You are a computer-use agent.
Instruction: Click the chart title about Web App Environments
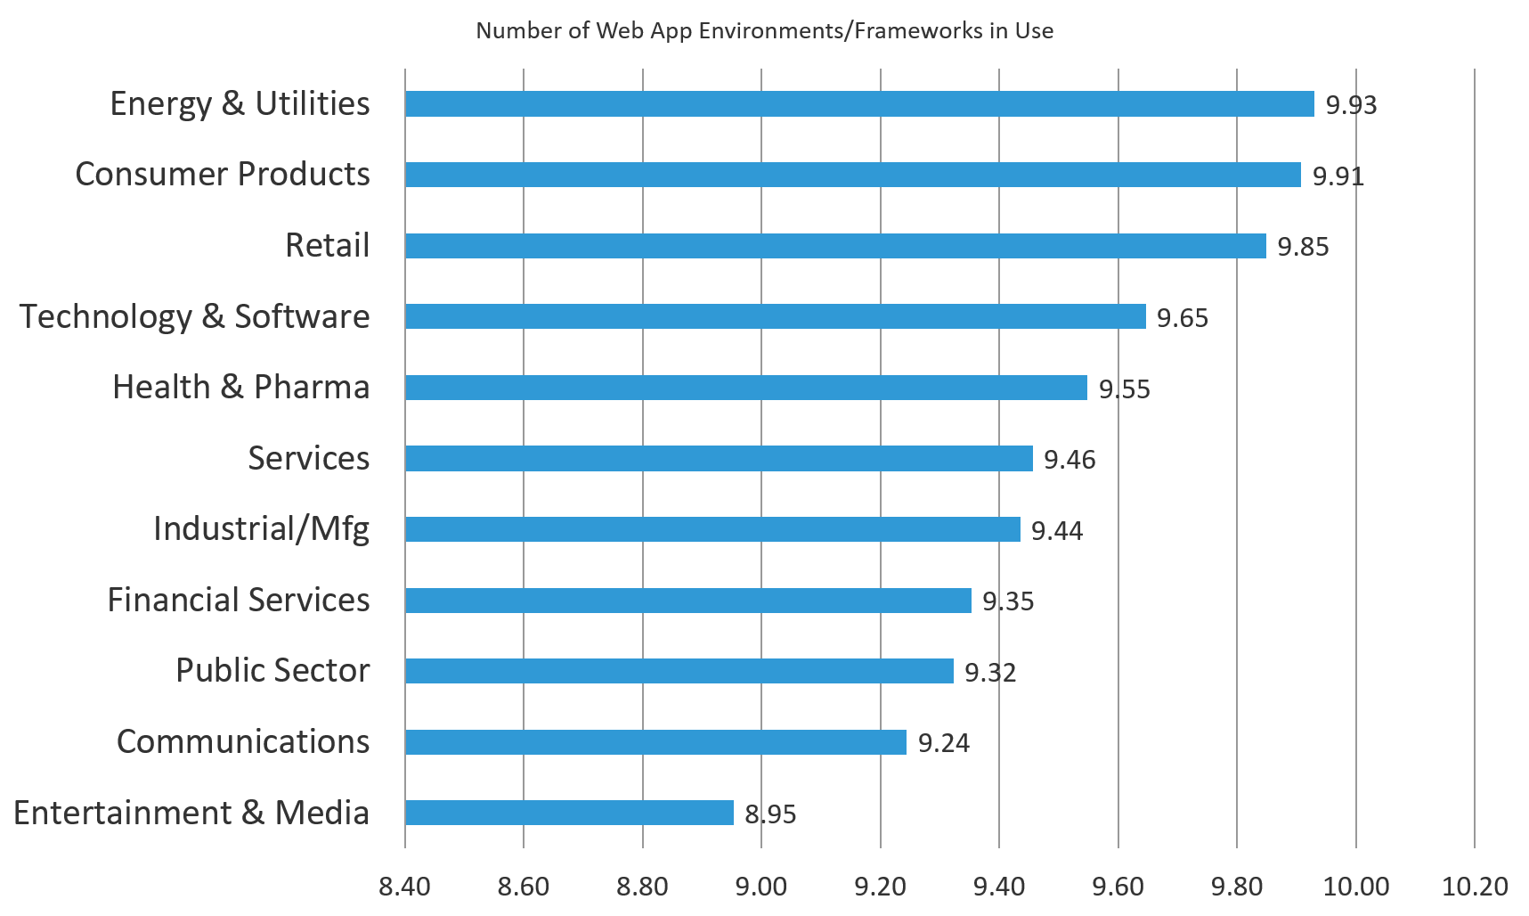[x=764, y=31]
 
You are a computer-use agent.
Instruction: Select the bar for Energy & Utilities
[x=859, y=104]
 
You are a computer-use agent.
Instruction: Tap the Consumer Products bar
[x=852, y=175]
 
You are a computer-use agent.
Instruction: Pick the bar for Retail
[x=835, y=246]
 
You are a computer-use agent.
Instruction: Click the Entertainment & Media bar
[x=569, y=813]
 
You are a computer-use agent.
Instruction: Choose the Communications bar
[x=655, y=742]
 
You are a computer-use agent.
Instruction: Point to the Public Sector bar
[x=679, y=671]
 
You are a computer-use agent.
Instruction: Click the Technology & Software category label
[x=195, y=317]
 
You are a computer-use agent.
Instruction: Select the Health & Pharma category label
[x=241, y=388]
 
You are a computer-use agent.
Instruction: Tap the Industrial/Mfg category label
[x=261, y=529]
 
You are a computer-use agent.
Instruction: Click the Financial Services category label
[x=239, y=600]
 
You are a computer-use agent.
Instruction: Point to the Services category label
[x=308, y=458]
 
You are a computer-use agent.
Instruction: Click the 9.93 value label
[x=1351, y=105]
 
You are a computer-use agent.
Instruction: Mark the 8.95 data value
[x=770, y=814]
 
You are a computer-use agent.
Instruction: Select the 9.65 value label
[x=1182, y=318]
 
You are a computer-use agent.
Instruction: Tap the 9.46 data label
[x=1069, y=460]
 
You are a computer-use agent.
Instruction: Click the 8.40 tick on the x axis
[x=404, y=887]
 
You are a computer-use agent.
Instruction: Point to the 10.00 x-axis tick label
[x=1355, y=887]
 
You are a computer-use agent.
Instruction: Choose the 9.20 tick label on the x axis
[x=880, y=887]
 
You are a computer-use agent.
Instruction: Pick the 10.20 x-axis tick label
[x=1475, y=887]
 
